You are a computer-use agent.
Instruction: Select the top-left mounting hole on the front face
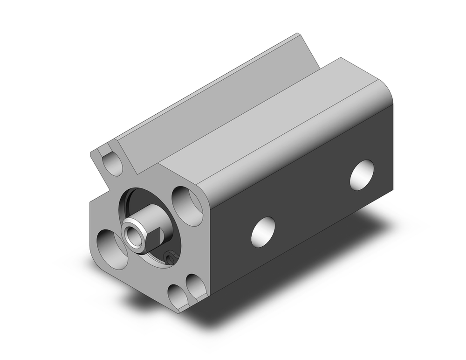(112, 165)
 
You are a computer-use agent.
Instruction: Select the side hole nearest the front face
(263, 231)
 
